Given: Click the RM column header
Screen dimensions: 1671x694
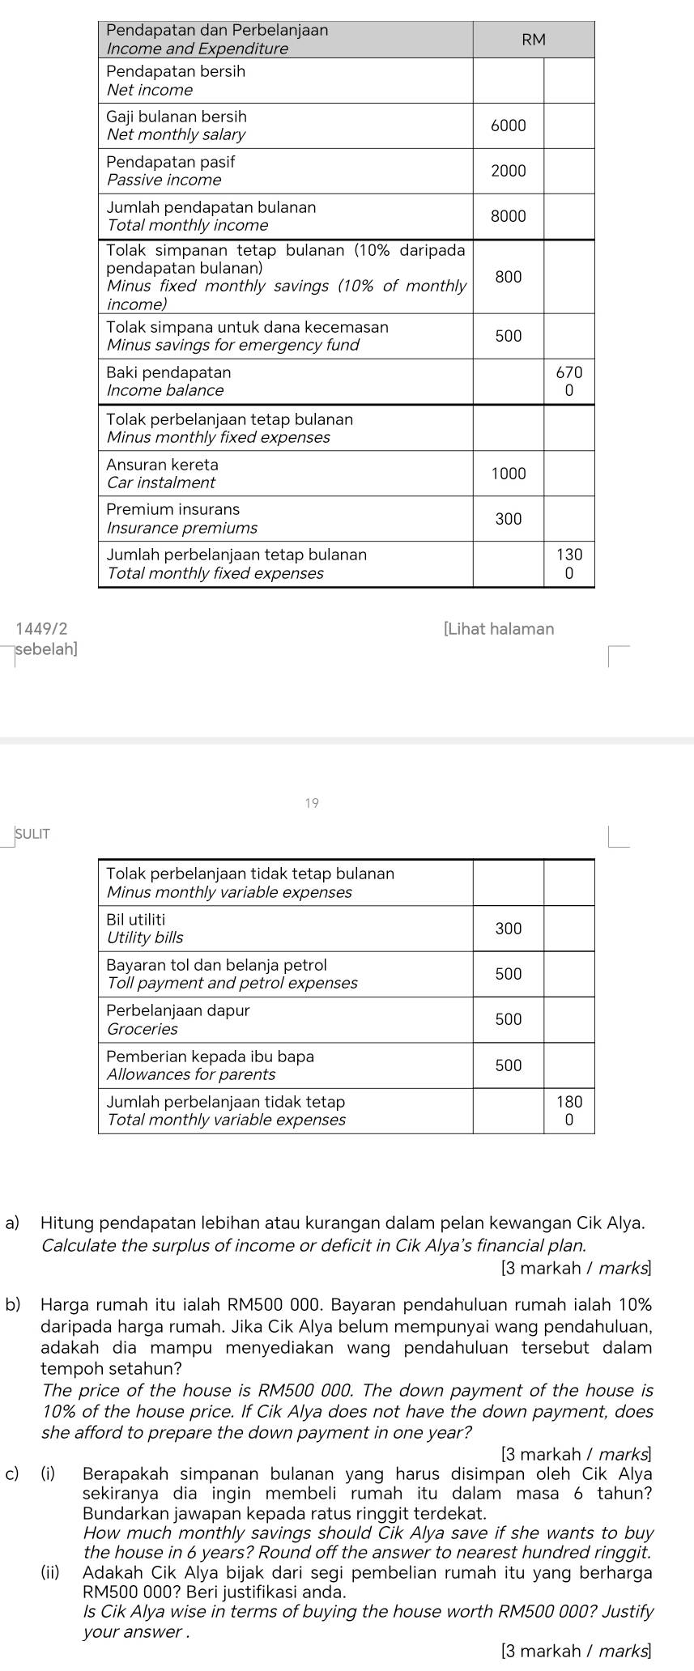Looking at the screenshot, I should point(534,40).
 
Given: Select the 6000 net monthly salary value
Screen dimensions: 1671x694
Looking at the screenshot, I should point(509,125).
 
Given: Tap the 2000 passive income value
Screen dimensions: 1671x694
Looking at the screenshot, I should point(509,171).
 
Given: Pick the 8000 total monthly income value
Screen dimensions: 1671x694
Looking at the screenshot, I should point(509,216).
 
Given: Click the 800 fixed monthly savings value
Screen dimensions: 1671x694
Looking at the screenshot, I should point(509,277).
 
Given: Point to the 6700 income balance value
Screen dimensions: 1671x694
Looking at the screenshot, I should point(569,381).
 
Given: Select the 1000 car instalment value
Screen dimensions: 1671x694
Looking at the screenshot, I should point(509,474).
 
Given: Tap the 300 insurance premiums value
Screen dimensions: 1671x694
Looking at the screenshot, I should point(509,519).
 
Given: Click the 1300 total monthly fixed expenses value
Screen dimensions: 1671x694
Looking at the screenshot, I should point(569,564).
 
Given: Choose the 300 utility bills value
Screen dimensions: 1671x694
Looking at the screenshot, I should point(509,928).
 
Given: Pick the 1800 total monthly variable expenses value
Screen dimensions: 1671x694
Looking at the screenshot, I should point(569,1111).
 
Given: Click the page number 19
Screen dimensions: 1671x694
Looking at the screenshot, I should point(313,803).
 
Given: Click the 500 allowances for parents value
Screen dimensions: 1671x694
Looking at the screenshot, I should point(509,1065).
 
